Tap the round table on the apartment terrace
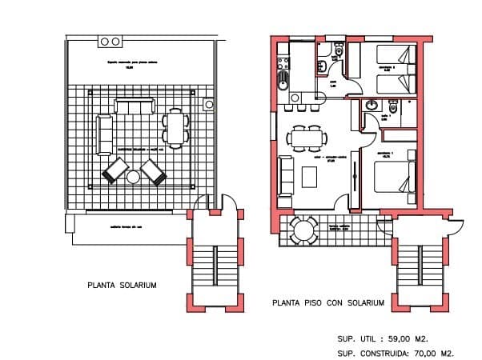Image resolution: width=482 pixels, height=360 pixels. click(x=303, y=230)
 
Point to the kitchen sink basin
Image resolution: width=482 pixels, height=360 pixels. click(x=282, y=80)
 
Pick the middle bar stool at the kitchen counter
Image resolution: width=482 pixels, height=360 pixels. click(x=297, y=110)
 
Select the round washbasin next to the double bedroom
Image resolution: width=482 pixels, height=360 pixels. click(x=372, y=106)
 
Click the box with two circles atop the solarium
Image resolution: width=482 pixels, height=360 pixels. click(x=110, y=40)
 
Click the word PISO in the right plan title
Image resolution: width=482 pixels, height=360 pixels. click(x=314, y=303)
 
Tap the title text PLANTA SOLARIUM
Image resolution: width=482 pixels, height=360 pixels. click(x=122, y=285)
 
